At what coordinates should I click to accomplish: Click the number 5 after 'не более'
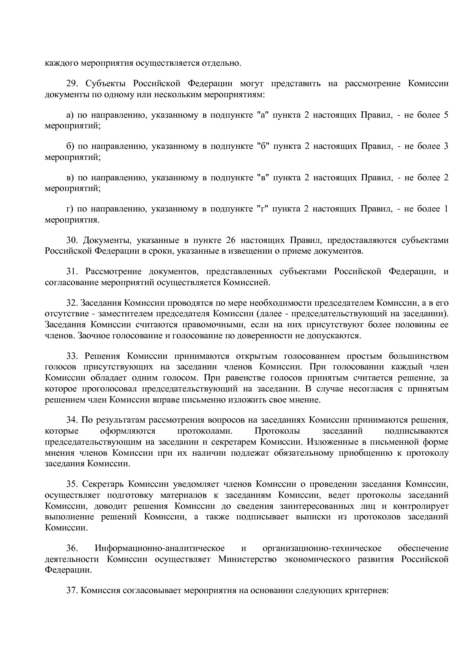[446, 115]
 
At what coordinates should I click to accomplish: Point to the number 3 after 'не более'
[446, 146]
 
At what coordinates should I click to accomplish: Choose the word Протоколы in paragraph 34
[277, 431]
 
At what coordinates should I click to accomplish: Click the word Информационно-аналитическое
[160, 548]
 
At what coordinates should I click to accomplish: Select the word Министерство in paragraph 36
[247, 559]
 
